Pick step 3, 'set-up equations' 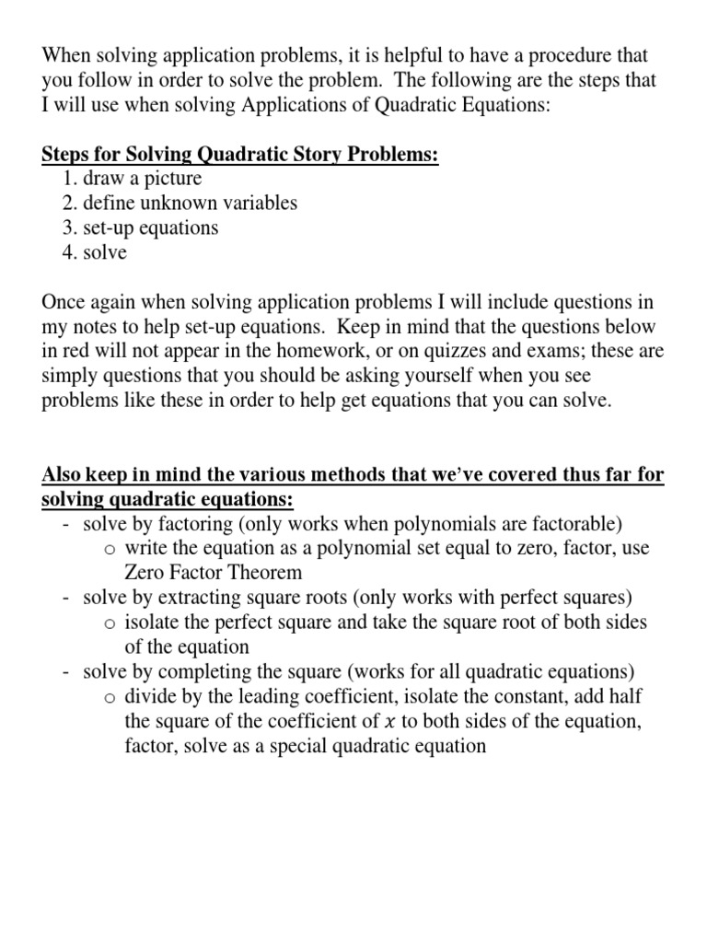pyautogui.click(x=150, y=227)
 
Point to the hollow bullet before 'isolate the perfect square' pyautogui.click(x=110, y=623)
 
